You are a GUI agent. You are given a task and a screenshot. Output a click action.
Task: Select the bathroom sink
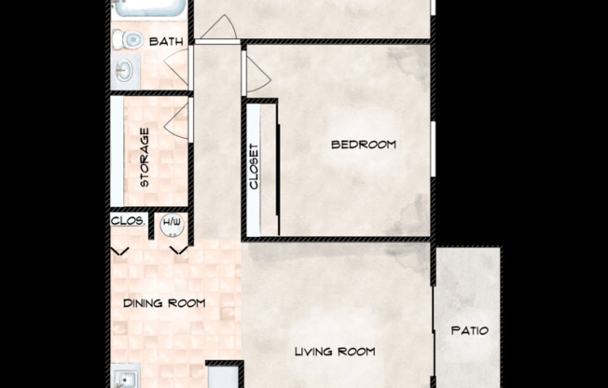click(x=125, y=71)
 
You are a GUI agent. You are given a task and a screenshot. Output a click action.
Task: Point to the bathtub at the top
click(x=146, y=9)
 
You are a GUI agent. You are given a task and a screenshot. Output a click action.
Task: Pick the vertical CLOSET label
click(x=254, y=167)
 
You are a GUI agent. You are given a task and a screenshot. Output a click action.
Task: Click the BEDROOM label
click(x=364, y=145)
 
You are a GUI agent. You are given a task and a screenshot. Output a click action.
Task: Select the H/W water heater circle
click(x=171, y=223)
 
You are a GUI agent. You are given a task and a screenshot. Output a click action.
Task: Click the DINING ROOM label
click(x=164, y=303)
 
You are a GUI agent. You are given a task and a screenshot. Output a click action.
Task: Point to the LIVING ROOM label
click(x=335, y=352)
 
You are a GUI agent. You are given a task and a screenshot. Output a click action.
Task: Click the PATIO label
click(x=469, y=330)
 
